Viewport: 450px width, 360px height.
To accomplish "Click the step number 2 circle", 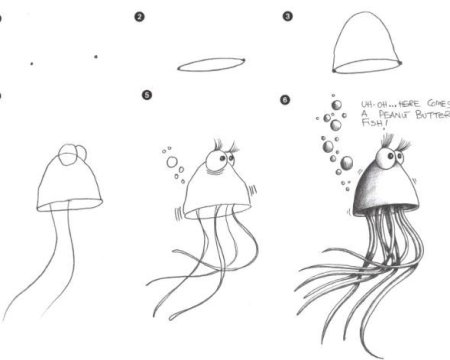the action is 139,17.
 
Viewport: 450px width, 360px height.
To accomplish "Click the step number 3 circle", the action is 287,16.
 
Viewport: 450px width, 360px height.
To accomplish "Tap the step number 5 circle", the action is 147,95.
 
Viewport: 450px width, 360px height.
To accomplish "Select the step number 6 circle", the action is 285,100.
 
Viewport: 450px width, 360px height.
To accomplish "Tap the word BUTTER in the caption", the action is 433,115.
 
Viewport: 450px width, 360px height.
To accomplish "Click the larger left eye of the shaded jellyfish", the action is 385,158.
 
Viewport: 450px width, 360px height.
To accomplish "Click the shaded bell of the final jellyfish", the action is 383,192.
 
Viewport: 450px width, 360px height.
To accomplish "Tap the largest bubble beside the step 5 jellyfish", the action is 172,162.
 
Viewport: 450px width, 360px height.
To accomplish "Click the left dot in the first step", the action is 32,63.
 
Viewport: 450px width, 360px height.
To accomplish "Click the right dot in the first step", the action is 96,57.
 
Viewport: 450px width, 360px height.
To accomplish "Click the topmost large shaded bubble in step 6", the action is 337,105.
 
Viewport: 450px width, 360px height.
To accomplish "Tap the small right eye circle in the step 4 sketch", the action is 83,152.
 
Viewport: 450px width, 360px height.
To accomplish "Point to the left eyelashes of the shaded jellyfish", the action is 388,140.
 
